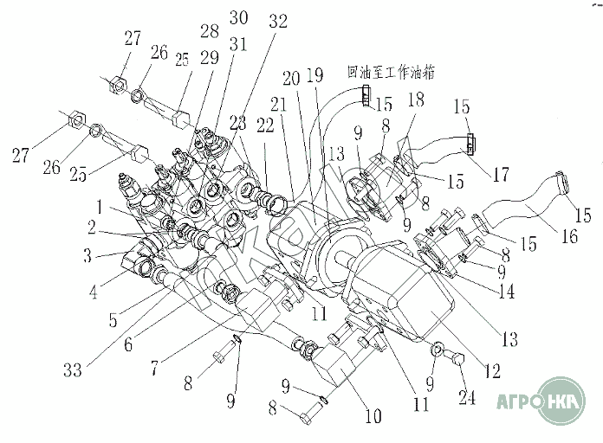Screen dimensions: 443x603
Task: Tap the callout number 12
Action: pyautogui.click(x=492, y=373)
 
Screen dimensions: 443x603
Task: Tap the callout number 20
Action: pyautogui.click(x=292, y=77)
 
